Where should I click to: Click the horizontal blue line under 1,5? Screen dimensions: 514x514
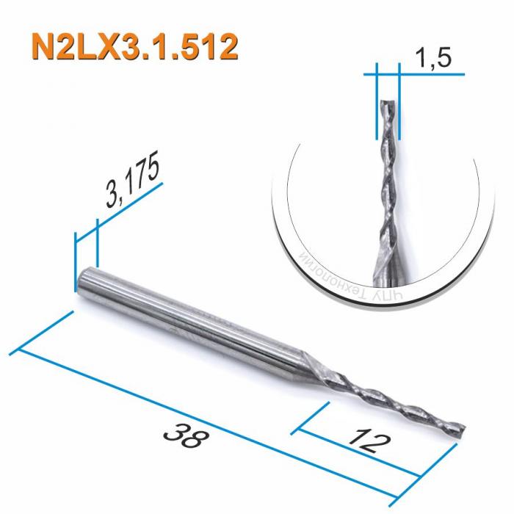419,73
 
